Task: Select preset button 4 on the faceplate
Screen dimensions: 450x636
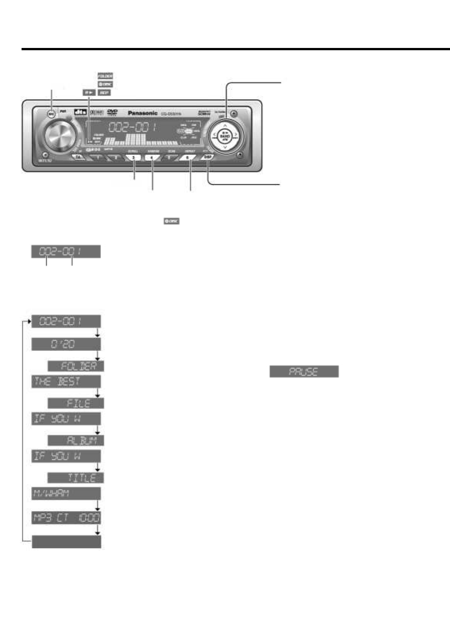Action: point(152,157)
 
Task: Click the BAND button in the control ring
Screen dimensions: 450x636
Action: point(225,136)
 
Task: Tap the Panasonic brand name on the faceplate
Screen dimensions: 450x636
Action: point(143,113)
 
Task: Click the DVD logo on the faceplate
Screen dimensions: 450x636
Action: point(112,112)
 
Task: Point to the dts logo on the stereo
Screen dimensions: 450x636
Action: point(80,112)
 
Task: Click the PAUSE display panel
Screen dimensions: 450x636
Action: point(304,371)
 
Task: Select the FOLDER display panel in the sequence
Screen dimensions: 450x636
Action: point(76,366)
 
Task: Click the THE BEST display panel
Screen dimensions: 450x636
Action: point(66,381)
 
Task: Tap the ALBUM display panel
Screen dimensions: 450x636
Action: point(76,440)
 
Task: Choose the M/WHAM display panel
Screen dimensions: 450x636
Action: point(66,493)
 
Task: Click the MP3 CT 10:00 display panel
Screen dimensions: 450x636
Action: point(66,518)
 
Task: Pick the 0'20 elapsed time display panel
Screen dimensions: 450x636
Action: point(66,344)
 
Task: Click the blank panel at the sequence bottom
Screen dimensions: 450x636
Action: point(66,542)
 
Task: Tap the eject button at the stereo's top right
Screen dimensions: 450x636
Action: point(234,113)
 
